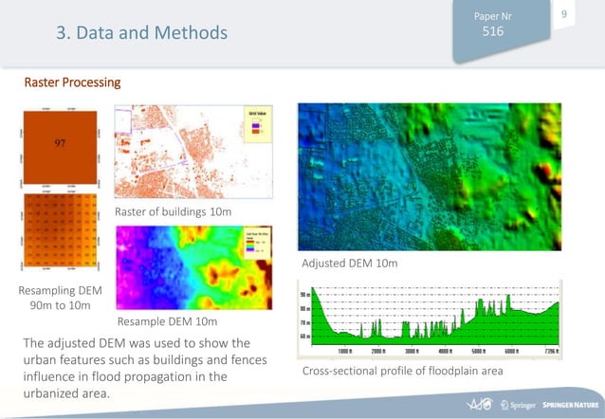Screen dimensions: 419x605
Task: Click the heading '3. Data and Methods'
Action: click(x=141, y=33)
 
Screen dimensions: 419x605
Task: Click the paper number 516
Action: click(x=492, y=32)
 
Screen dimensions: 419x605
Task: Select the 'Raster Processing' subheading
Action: click(x=72, y=83)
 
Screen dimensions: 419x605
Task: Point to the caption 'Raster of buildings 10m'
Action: click(x=173, y=210)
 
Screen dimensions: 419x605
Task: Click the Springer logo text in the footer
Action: click(x=522, y=405)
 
